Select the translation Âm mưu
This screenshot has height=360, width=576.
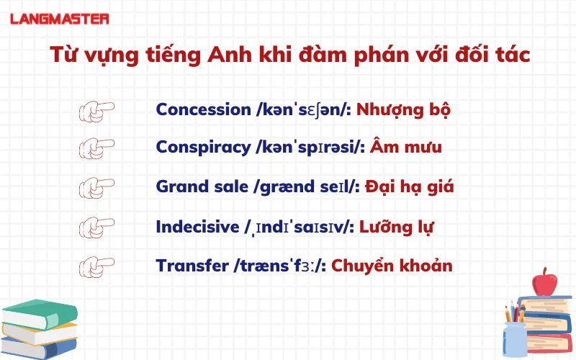click(x=406, y=148)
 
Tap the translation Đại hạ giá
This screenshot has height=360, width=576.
click(x=409, y=186)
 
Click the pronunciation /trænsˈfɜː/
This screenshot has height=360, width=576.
click(x=281, y=265)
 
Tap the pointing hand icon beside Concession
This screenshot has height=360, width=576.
click(x=96, y=111)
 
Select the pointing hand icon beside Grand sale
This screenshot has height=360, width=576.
click(x=96, y=186)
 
